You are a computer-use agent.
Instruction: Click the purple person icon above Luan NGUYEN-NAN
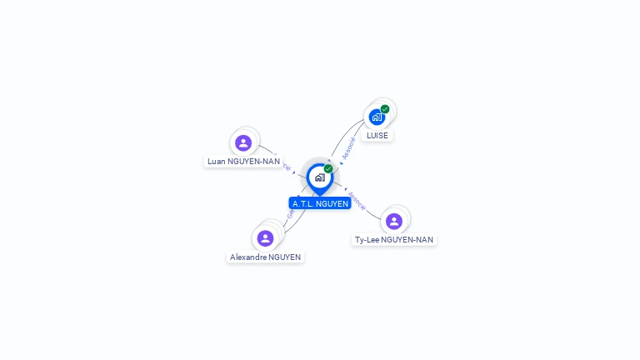pos(243,142)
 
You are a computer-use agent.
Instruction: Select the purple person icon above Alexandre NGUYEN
pos(266,238)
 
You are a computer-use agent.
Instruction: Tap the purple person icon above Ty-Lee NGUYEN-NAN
pos(394,221)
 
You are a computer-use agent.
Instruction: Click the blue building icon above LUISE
pos(377,117)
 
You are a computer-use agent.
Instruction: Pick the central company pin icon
pos(319,177)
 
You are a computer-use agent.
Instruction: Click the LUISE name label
pos(377,136)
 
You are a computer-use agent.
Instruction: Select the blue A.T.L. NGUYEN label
pos(320,203)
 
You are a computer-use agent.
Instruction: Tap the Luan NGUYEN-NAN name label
pos(243,162)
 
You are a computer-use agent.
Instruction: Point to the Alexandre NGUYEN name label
pos(266,257)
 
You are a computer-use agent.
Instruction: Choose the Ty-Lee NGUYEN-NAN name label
pos(394,240)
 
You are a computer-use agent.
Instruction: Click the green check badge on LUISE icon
pos(385,109)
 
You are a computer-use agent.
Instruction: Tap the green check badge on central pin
pos(328,169)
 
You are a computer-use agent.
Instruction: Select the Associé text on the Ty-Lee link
pos(356,201)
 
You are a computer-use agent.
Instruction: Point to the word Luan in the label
pos(217,162)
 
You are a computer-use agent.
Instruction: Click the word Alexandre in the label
pos(248,257)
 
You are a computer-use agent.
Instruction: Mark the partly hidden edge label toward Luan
pos(287,166)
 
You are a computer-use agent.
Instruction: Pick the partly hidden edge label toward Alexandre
pos(290,213)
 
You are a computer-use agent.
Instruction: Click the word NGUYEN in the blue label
pos(332,203)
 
